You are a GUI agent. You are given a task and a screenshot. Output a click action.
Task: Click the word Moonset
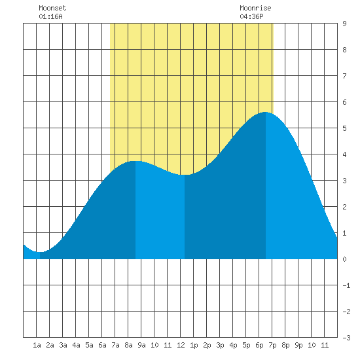52,8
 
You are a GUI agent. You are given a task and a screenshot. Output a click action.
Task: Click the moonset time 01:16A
50,16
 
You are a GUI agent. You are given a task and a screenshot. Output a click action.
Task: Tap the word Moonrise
255,8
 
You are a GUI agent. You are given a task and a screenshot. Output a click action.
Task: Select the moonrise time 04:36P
251,16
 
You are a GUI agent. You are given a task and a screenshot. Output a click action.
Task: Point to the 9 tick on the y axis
344,24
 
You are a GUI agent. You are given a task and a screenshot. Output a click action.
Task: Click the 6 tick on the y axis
344,102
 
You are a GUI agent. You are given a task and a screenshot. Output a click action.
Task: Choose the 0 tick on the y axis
344,259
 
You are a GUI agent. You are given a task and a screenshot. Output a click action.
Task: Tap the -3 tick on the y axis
346,338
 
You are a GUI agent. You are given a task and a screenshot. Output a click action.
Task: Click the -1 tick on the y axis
346,285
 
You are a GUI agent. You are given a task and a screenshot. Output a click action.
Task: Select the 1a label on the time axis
37,345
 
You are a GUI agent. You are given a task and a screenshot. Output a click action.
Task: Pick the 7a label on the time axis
115,345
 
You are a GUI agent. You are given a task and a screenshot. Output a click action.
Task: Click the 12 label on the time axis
181,345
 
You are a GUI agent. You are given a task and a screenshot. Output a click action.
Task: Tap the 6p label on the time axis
259,345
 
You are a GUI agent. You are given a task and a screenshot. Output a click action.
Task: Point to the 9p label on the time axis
298,345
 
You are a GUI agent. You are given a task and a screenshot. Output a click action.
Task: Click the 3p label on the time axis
220,345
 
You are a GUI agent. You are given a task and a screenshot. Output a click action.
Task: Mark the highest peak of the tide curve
265,112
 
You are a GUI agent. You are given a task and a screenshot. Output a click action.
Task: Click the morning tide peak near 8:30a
135,161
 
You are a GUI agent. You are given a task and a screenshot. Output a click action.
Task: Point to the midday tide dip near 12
185,175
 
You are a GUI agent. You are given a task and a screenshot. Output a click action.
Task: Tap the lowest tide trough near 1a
40,252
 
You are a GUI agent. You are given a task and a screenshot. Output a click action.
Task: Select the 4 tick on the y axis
344,154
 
